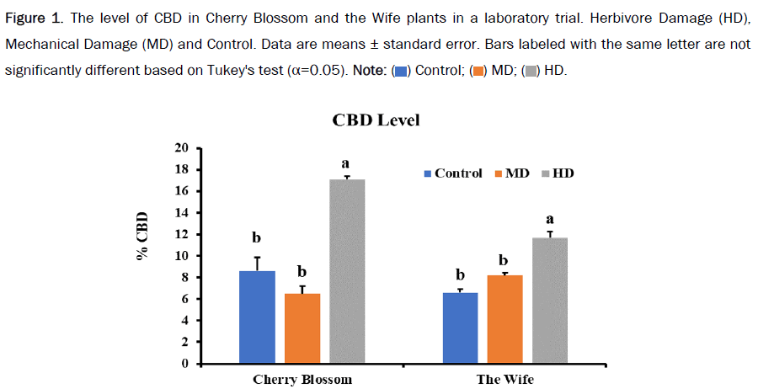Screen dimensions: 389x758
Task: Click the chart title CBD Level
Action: coord(376,120)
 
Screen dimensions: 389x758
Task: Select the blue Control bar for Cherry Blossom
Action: coord(257,317)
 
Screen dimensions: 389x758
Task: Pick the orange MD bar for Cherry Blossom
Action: coord(302,328)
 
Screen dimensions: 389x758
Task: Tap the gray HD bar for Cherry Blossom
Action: coord(347,271)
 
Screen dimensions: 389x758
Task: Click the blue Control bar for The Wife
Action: coord(460,328)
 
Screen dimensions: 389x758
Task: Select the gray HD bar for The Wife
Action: coord(549,301)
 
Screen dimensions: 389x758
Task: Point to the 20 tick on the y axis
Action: coord(182,148)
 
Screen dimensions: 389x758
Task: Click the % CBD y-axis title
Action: coord(142,236)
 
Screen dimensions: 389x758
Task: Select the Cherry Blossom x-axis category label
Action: coord(302,379)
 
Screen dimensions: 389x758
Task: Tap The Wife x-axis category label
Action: coord(504,379)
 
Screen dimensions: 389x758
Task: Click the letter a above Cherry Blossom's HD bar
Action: coord(345,163)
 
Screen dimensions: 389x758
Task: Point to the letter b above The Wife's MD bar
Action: coord(504,260)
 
